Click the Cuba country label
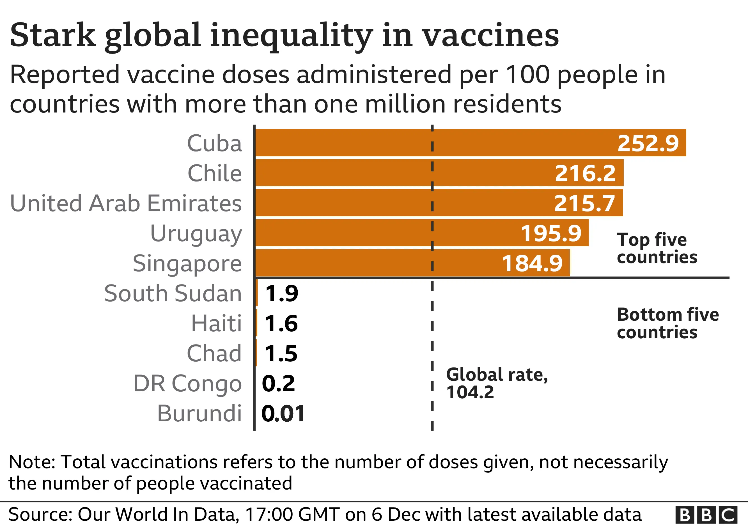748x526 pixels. tap(214, 143)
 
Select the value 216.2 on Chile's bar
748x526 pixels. tap(585, 173)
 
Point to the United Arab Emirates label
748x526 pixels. tap(126, 203)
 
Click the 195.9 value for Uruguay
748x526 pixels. tap(551, 233)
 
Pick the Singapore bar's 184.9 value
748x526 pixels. tap(532, 263)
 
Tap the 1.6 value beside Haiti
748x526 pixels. tap(281, 323)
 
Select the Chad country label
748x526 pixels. tap(214, 353)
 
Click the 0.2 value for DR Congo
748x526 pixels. tap(278, 383)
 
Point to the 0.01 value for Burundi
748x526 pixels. tap(283, 413)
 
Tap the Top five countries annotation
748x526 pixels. tap(657, 248)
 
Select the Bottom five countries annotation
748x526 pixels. tap(667, 323)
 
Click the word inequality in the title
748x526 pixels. tap(291, 35)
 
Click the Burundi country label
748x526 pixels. tap(199, 413)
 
